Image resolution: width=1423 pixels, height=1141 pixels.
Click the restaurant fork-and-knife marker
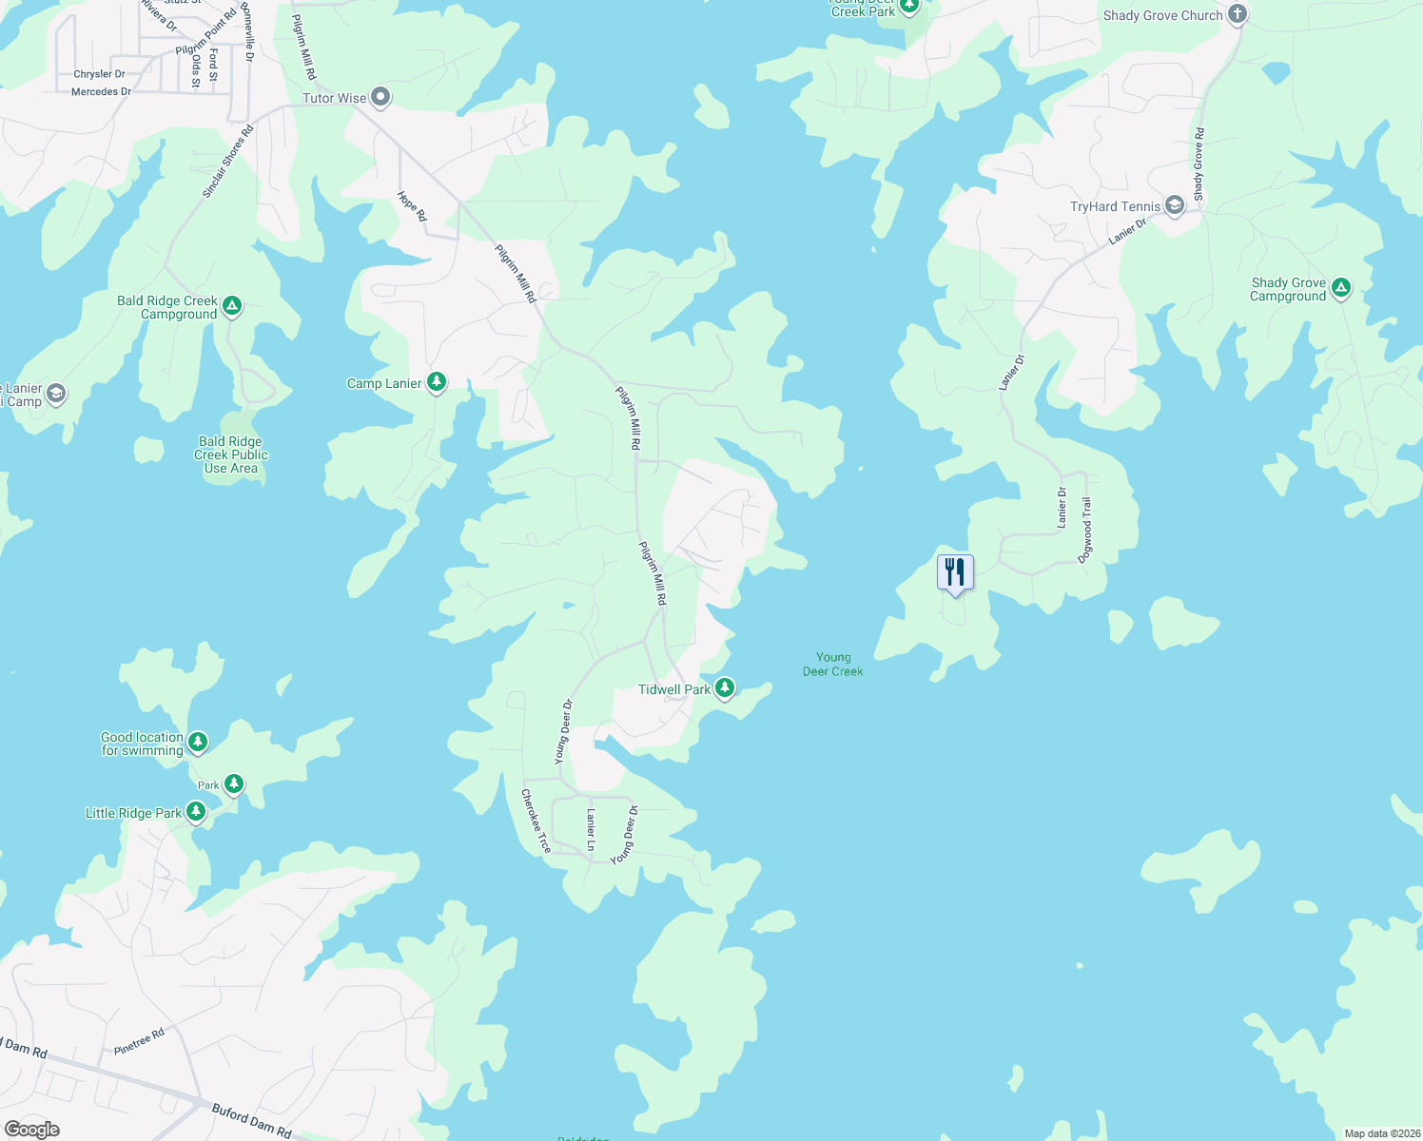click(955, 572)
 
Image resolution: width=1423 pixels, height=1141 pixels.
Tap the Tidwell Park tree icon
click(725, 687)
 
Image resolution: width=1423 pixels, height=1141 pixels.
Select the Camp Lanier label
click(384, 384)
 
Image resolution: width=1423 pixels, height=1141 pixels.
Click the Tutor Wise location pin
click(380, 97)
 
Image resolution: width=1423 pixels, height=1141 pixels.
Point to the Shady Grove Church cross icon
click(1237, 14)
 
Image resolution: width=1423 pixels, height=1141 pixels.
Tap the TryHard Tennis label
click(1115, 206)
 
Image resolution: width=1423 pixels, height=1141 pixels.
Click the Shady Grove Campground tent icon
click(1341, 287)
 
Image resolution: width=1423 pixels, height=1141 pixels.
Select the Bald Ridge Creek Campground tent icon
click(231, 306)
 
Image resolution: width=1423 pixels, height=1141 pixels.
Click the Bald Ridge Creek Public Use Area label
click(231, 454)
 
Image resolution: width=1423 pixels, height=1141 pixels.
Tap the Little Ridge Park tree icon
click(196, 812)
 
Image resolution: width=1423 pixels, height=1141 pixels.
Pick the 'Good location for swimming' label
click(142, 744)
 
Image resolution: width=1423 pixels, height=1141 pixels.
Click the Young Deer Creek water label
click(833, 664)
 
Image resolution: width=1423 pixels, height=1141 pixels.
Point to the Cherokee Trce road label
click(536, 820)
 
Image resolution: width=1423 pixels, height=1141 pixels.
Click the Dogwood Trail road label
click(1085, 531)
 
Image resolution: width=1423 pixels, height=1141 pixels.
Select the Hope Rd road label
click(413, 206)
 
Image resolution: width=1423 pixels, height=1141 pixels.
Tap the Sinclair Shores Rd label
click(228, 162)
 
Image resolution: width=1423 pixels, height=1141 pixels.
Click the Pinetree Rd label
click(139, 1041)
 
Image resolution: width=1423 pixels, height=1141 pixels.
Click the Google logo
click(31, 1129)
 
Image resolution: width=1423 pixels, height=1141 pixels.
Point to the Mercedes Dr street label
click(101, 92)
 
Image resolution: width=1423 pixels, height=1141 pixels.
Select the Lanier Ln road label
click(591, 829)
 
